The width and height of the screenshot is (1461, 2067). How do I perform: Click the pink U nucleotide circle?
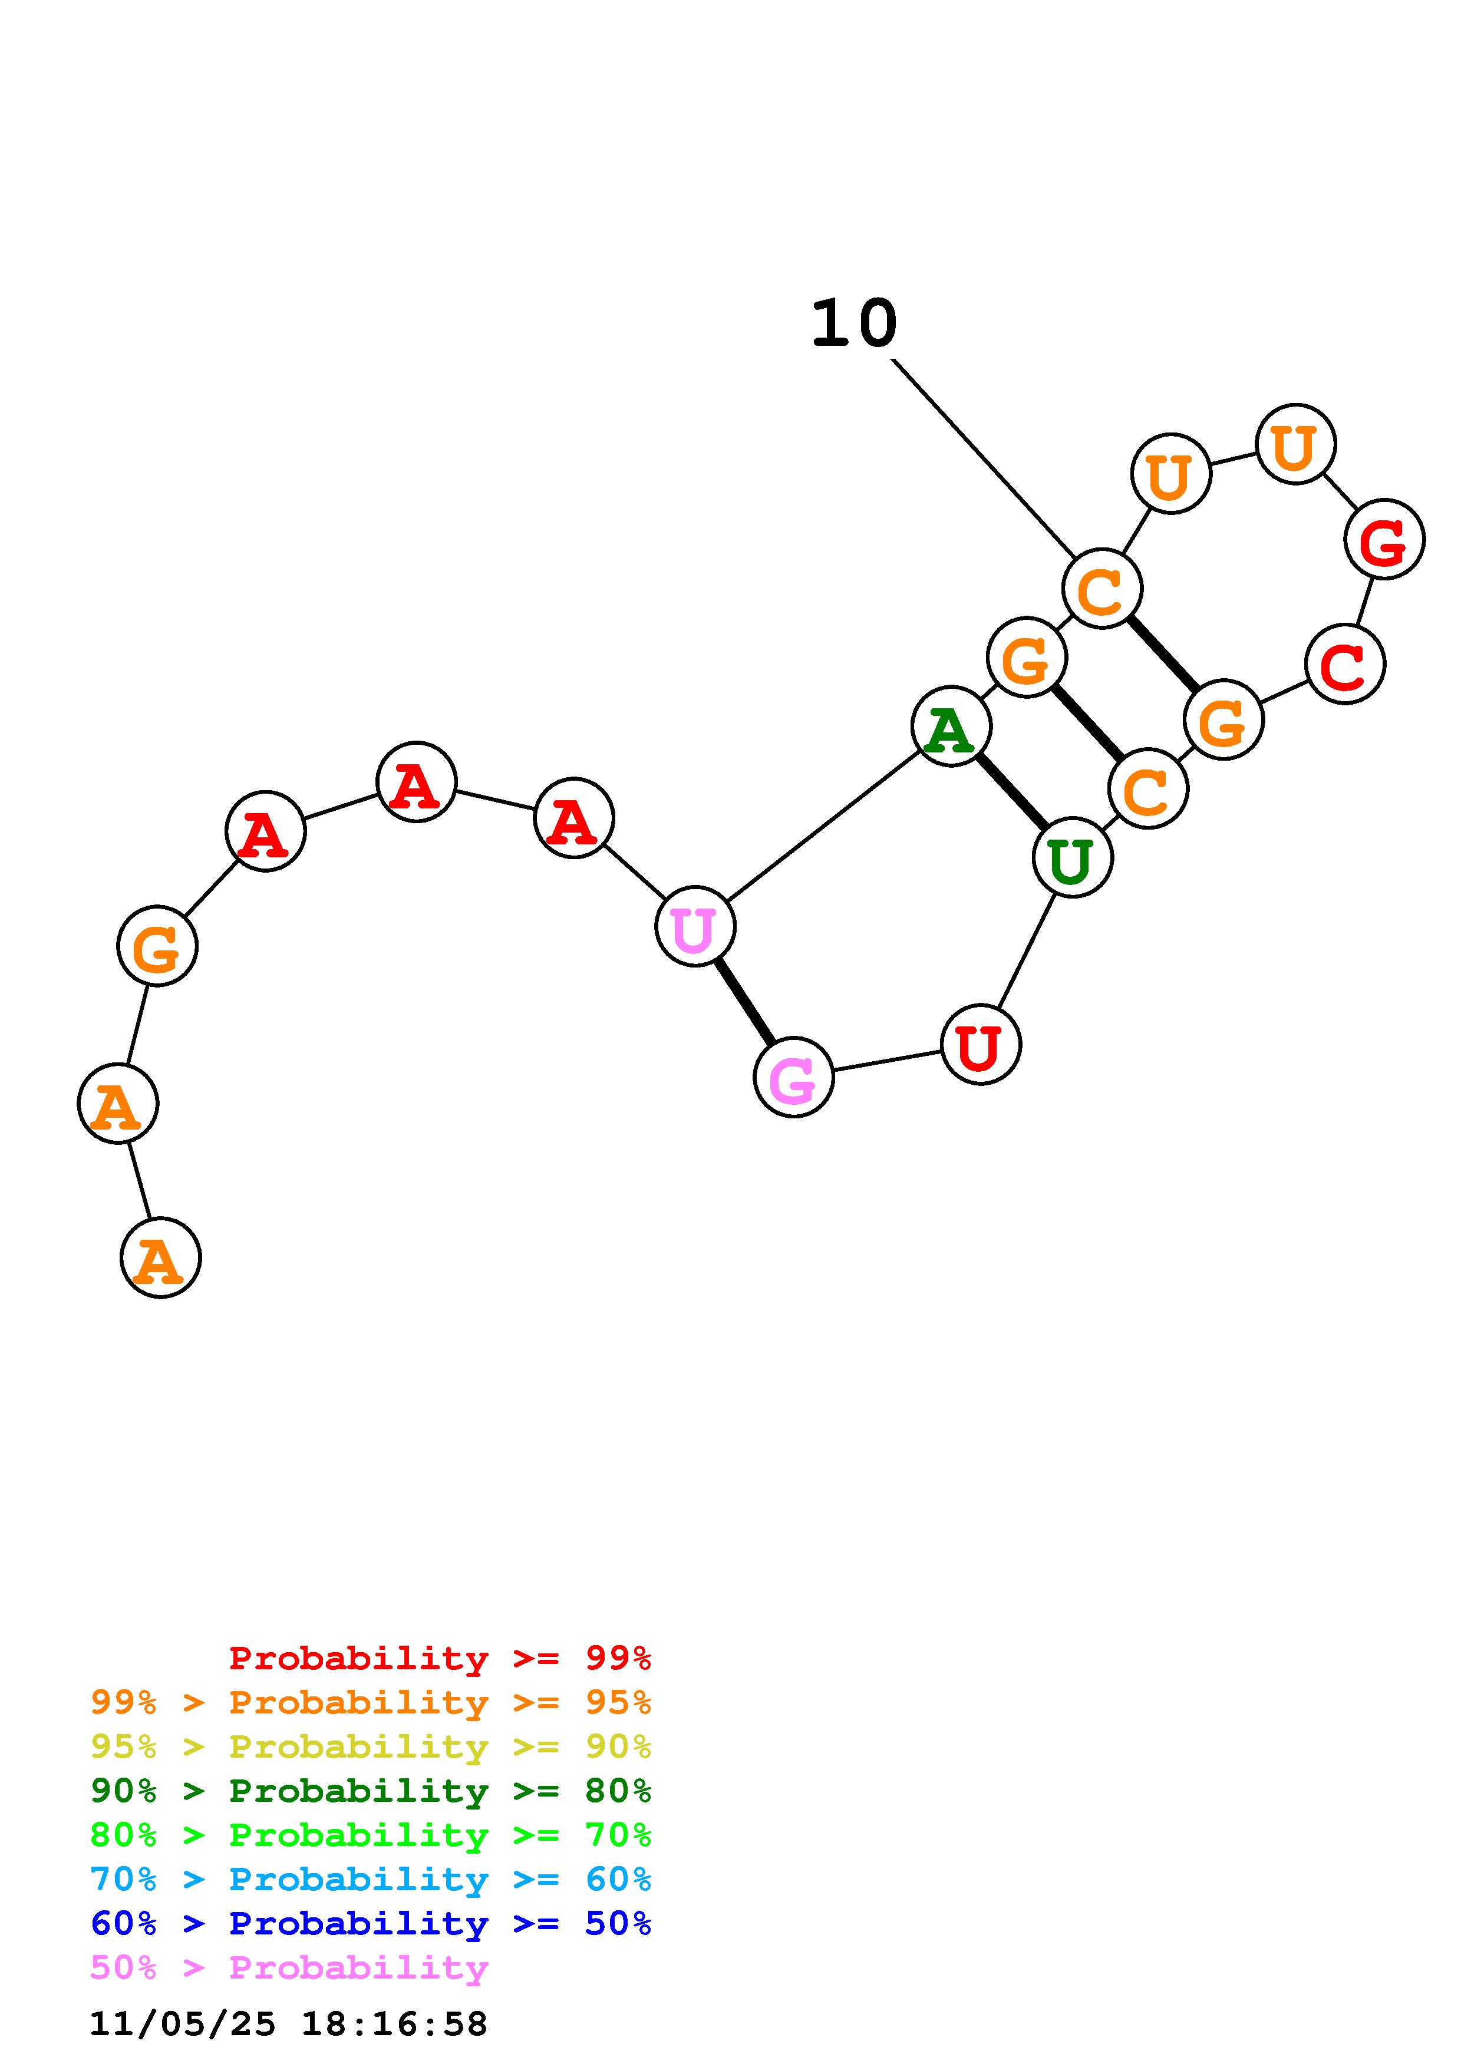click(695, 926)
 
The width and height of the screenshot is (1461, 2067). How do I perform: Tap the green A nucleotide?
click(951, 725)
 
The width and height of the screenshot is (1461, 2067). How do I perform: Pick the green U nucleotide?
click(1072, 858)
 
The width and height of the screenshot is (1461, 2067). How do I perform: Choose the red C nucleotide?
click(1345, 665)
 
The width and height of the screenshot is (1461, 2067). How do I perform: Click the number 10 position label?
click(853, 323)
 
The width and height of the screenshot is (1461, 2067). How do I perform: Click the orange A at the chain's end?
click(160, 1257)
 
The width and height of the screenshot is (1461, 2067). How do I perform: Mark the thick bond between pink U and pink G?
click(744, 1001)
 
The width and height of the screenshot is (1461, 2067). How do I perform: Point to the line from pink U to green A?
click(823, 826)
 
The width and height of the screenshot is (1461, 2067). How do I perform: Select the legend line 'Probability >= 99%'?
click(439, 1657)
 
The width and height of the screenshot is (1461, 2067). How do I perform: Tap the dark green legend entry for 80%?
click(370, 1791)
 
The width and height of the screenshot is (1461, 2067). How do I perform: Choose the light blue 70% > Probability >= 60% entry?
click(370, 1879)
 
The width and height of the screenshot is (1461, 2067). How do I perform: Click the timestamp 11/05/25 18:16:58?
click(288, 2024)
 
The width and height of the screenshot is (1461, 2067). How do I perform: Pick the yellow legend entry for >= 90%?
click(370, 1746)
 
